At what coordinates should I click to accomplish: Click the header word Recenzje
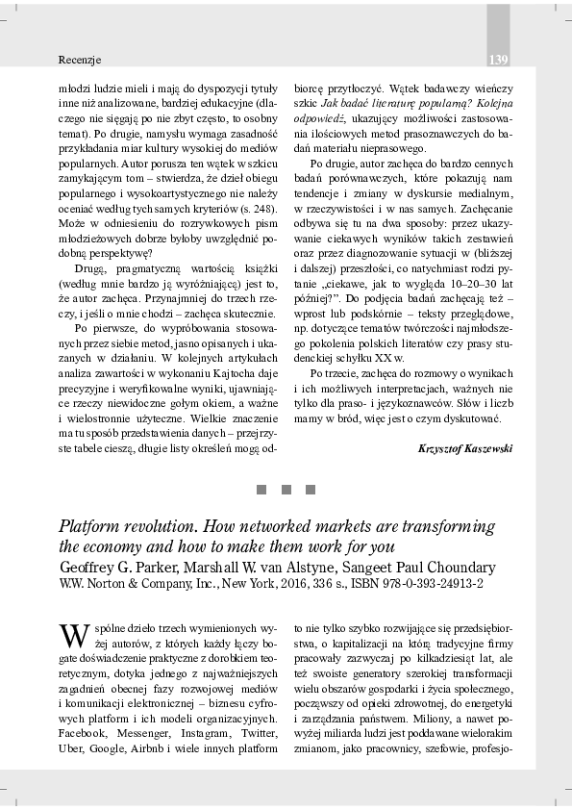pyautogui.click(x=80, y=60)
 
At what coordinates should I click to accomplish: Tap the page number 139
pyautogui.click(x=498, y=60)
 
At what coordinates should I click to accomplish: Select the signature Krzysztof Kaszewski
pyautogui.click(x=465, y=448)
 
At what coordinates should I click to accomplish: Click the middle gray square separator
pyautogui.click(x=286, y=490)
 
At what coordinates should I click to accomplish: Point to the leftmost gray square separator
pyautogui.click(x=261, y=490)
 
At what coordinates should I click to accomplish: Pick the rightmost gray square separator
pyautogui.click(x=311, y=490)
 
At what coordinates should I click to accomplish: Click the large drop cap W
pyautogui.click(x=74, y=636)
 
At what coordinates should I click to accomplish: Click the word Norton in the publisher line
pyautogui.click(x=105, y=583)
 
